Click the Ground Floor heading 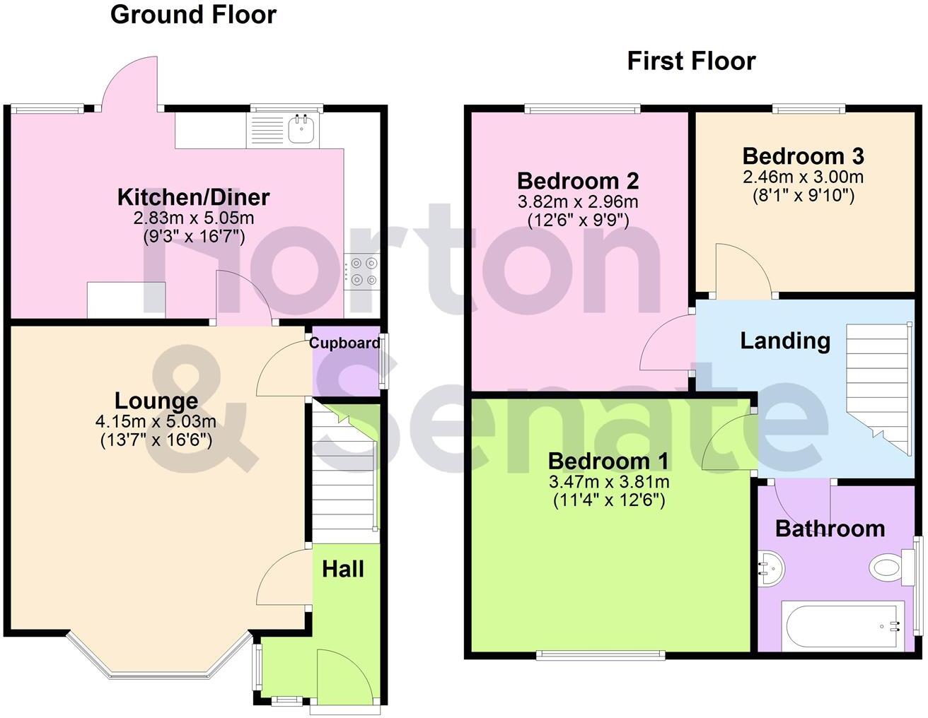pyautogui.click(x=194, y=16)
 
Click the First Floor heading pyautogui.click(x=692, y=61)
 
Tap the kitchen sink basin pyautogui.click(x=303, y=129)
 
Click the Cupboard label pyautogui.click(x=344, y=343)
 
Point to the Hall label pyautogui.click(x=343, y=569)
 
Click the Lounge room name pyautogui.click(x=156, y=401)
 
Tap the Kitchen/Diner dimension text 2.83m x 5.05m pyautogui.click(x=194, y=218)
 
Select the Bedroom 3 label pyautogui.click(x=804, y=156)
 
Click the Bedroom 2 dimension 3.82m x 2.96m pyautogui.click(x=578, y=202)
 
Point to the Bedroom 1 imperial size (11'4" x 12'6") pyautogui.click(x=609, y=500)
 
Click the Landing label pyautogui.click(x=785, y=341)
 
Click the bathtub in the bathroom pyautogui.click(x=842, y=627)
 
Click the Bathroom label pyautogui.click(x=830, y=529)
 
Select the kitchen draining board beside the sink pyautogui.click(x=267, y=129)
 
